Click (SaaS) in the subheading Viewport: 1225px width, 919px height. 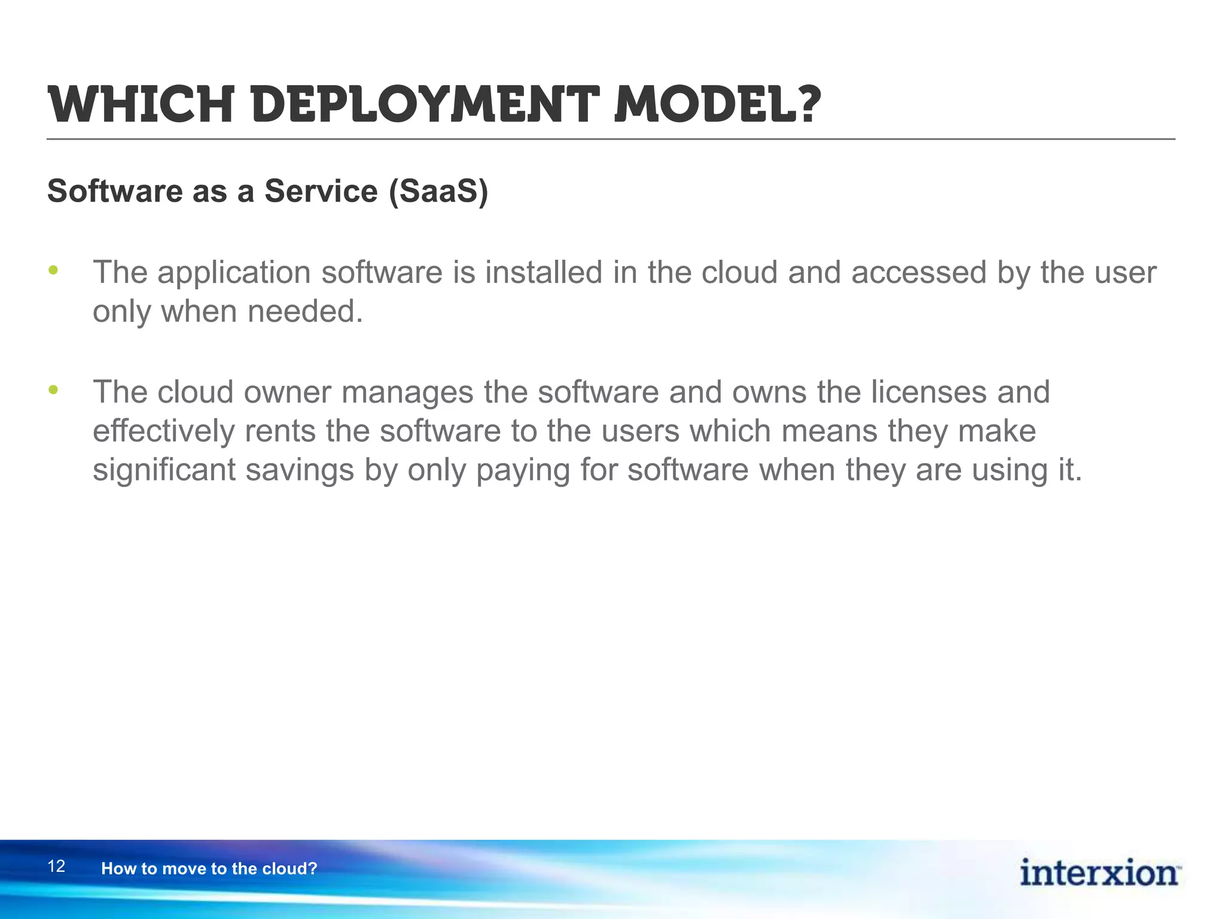[x=438, y=191]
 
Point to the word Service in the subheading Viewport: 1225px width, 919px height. [x=321, y=191]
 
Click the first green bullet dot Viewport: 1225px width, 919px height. [x=53, y=270]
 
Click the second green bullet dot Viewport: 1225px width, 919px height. [x=53, y=390]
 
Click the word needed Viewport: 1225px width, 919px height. [x=304, y=312]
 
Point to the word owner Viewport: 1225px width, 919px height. [x=287, y=393]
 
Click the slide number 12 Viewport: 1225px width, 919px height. [x=56, y=866]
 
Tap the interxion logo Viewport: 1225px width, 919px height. [x=1099, y=873]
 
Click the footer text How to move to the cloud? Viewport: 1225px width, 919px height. [x=209, y=869]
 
